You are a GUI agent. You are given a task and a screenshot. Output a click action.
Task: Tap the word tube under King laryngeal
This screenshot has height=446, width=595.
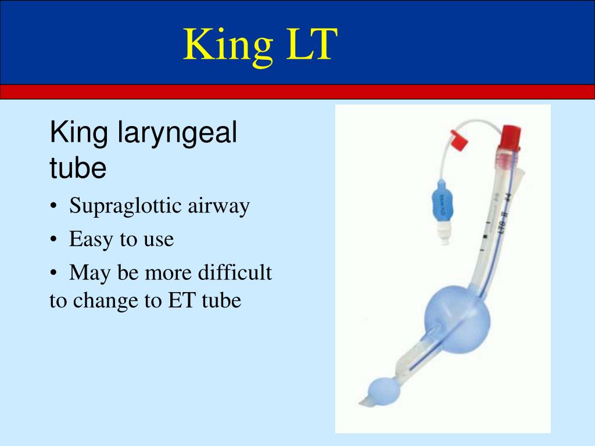pyautogui.click(x=78, y=168)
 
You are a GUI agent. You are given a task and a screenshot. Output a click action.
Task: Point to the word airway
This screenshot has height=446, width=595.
pyautogui.click(x=218, y=206)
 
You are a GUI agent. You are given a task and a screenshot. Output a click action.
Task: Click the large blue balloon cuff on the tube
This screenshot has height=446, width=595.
pyautogui.click(x=457, y=317)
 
